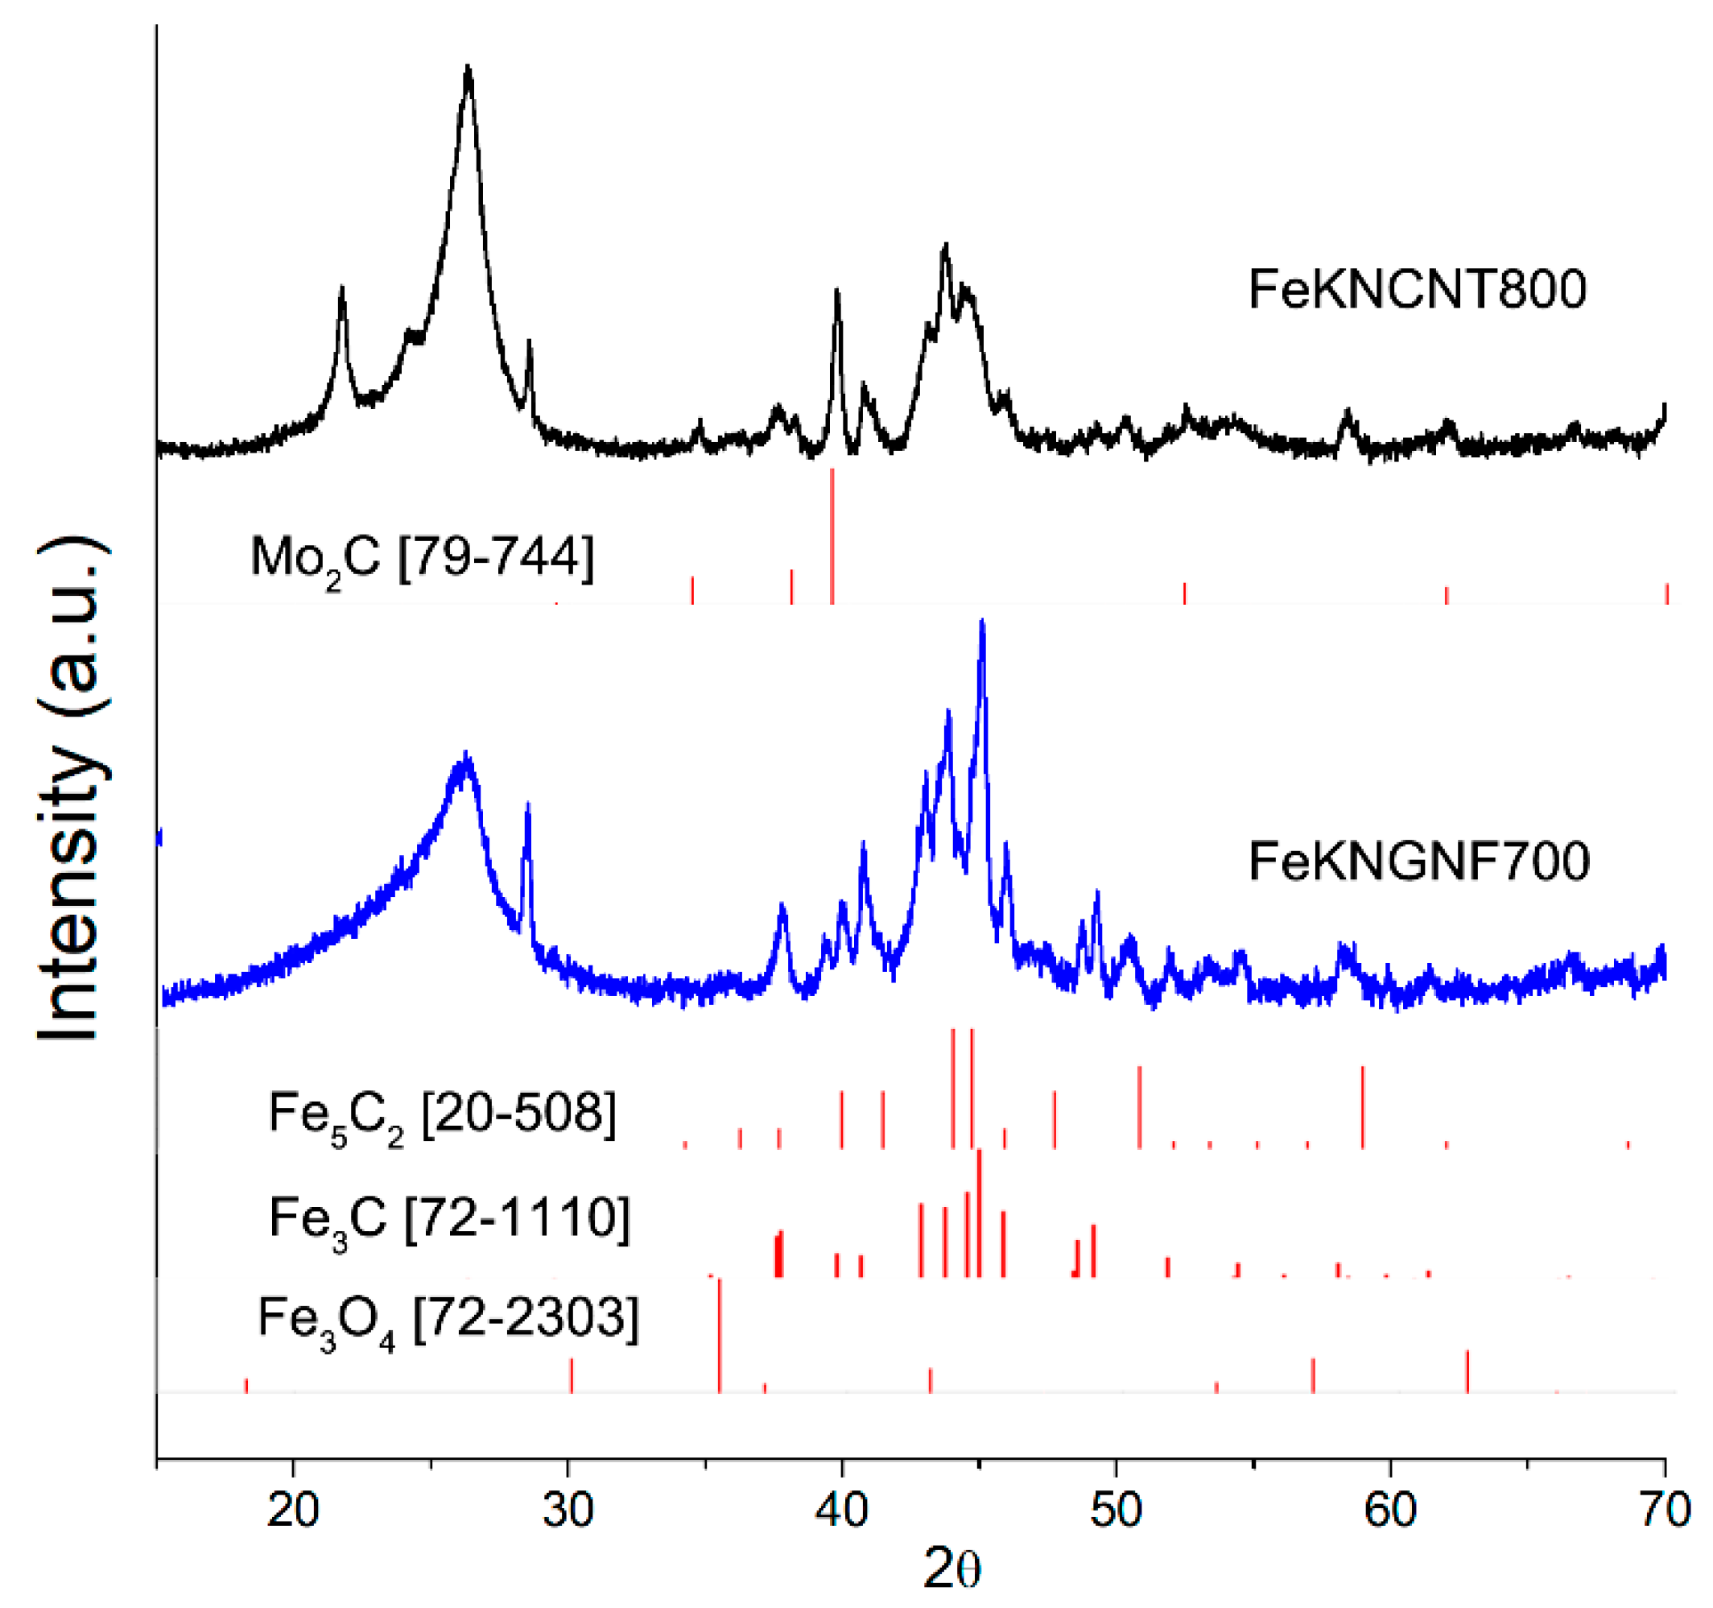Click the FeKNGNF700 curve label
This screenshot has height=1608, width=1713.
pos(1418,861)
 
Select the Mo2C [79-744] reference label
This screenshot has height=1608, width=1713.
pos(423,557)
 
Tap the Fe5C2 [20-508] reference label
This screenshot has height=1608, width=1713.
pos(442,1114)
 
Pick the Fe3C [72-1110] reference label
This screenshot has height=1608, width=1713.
pos(449,1219)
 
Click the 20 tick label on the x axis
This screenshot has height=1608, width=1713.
pos(293,1510)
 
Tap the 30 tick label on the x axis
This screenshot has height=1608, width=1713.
pos(568,1510)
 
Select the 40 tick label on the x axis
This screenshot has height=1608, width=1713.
pos(842,1510)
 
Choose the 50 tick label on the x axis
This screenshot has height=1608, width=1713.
pos(1116,1510)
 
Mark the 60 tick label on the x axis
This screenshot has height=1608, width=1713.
pos(1390,1510)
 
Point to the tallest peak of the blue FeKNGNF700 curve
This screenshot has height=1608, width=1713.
pos(981,622)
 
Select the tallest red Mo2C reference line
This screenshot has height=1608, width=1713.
pos(832,535)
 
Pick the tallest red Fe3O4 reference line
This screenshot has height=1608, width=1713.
pos(720,1336)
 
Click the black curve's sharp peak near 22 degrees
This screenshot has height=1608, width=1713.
pos(342,291)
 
